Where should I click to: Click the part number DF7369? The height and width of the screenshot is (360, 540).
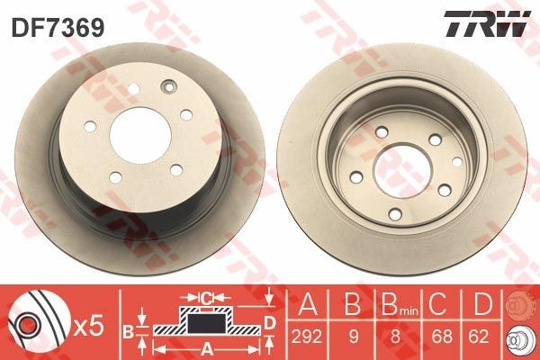point(58,28)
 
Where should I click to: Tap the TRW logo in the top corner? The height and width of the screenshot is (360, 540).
point(487,23)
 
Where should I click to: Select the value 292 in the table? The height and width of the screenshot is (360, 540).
point(307,337)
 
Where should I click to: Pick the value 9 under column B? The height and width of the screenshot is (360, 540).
point(353,337)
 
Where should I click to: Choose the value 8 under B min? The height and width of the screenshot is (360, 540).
point(395,337)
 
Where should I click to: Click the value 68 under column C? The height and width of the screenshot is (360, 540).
point(442,337)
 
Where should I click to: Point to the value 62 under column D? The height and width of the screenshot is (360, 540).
point(479,337)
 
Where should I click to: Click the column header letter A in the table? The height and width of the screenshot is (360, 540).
point(308,304)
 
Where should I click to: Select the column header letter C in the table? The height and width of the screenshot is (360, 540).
point(437,304)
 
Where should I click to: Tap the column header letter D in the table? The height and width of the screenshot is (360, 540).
point(482,304)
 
